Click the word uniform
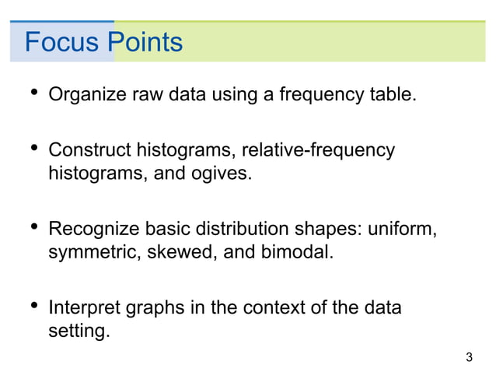(x=404, y=230)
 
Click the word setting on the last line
(x=78, y=331)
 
